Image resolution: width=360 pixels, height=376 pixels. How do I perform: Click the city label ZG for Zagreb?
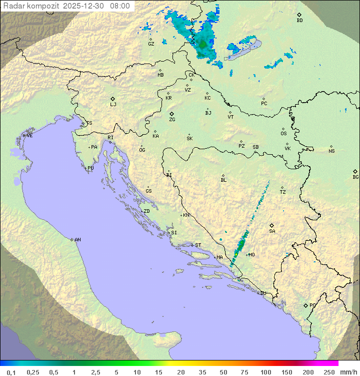click(x=172, y=120)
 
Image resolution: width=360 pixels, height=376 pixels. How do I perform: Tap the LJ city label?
click(x=113, y=105)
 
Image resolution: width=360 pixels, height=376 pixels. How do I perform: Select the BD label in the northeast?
click(x=299, y=21)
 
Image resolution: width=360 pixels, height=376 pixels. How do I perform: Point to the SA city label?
click(x=272, y=231)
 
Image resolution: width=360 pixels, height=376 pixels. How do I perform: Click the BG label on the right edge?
click(x=355, y=177)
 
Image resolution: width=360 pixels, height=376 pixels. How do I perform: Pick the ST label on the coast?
click(x=198, y=245)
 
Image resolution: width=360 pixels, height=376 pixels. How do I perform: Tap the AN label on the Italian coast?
click(x=77, y=240)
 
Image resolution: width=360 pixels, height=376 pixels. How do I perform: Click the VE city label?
click(x=29, y=135)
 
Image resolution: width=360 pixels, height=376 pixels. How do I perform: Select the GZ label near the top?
click(x=151, y=44)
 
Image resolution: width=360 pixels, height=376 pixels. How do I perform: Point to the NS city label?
click(x=331, y=151)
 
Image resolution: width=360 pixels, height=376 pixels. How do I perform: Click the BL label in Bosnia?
click(x=223, y=180)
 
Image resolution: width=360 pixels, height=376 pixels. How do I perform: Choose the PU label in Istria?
click(x=90, y=168)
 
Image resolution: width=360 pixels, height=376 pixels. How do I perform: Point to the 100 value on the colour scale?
click(x=265, y=372)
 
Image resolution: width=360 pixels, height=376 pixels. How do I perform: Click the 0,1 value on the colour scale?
click(x=11, y=372)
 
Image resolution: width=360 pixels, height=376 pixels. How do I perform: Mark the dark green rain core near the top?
click(x=202, y=45)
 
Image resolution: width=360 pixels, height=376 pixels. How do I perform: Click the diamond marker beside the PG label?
click(x=305, y=305)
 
